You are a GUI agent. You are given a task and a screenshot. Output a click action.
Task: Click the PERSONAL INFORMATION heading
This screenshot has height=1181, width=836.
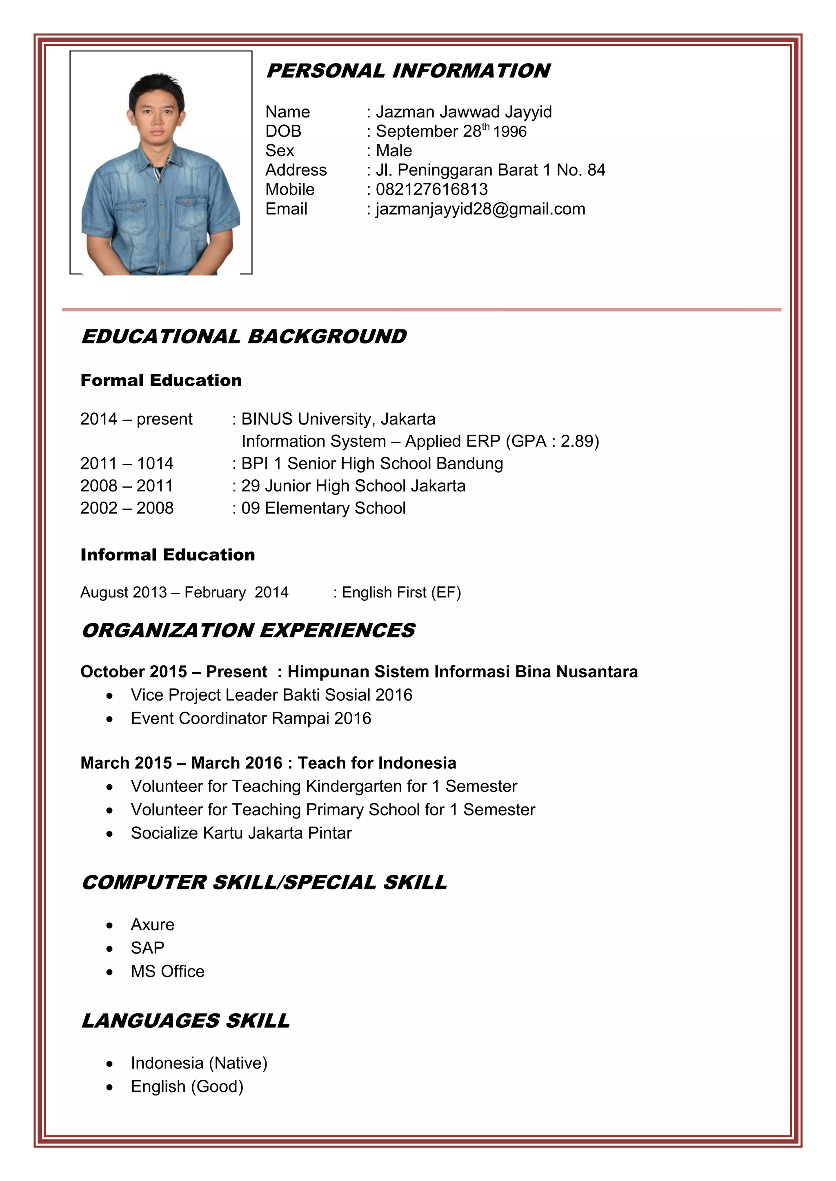point(408,71)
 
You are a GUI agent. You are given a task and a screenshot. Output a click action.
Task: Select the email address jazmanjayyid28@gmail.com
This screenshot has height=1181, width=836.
point(480,209)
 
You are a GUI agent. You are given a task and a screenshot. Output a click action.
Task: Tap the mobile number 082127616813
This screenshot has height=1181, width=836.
point(431,189)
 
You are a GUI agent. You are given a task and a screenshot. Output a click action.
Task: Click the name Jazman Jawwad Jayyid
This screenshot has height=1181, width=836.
point(463,112)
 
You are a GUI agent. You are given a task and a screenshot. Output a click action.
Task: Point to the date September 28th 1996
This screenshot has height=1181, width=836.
point(451,131)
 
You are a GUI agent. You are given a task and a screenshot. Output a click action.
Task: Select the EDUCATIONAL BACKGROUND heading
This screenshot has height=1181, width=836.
point(244,336)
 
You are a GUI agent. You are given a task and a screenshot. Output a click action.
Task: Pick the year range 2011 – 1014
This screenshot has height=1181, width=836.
point(127,463)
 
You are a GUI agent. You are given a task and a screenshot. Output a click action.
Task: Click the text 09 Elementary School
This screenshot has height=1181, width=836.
point(323,508)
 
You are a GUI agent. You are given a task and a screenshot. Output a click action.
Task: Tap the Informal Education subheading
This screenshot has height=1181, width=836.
point(167,555)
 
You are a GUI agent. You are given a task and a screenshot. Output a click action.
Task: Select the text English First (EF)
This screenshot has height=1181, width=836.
point(401,593)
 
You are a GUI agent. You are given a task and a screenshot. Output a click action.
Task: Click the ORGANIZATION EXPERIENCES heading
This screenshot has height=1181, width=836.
point(248,630)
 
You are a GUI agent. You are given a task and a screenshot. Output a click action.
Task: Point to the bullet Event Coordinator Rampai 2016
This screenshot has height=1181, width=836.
point(251,718)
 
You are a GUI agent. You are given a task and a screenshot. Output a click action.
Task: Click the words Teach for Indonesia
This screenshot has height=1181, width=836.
point(377,763)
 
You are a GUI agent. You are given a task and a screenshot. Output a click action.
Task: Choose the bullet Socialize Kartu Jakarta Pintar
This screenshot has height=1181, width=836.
point(241,833)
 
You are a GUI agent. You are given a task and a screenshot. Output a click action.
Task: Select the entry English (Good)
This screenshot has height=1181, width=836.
point(187,1086)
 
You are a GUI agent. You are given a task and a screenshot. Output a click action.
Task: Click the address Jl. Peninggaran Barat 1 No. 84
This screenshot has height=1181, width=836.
point(490,170)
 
